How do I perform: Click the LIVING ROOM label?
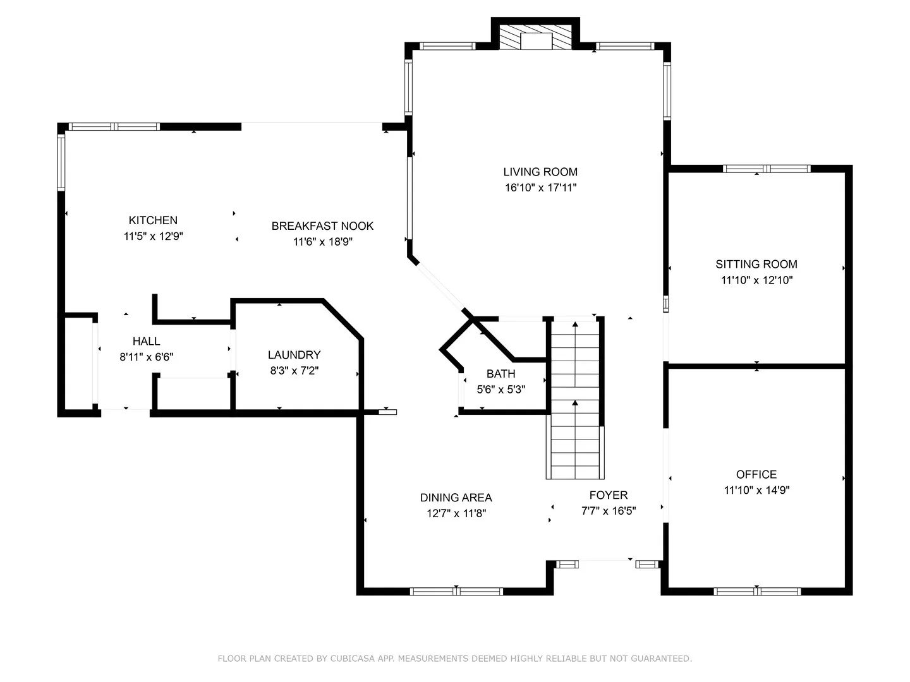coord(540,172)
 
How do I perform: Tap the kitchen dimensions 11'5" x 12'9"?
coord(154,236)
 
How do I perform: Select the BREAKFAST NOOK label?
coord(322,226)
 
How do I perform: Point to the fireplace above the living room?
coord(535,37)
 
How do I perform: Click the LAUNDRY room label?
coord(294,355)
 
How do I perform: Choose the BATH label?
coord(500,374)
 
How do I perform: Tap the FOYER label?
coord(609,495)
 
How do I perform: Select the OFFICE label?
coord(756,474)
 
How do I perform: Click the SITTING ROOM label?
coord(756,264)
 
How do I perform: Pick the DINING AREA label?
coord(456,498)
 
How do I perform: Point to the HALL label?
coord(147,341)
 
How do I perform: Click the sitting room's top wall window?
coord(767,169)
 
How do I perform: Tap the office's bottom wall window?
coord(757,591)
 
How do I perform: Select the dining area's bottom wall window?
coord(456,591)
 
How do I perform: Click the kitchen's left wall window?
coord(61,162)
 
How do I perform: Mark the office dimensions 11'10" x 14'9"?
coord(756,490)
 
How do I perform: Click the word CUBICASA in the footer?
coord(353,659)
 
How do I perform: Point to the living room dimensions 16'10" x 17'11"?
coord(540,188)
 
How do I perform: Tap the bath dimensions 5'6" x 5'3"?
coord(500,390)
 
